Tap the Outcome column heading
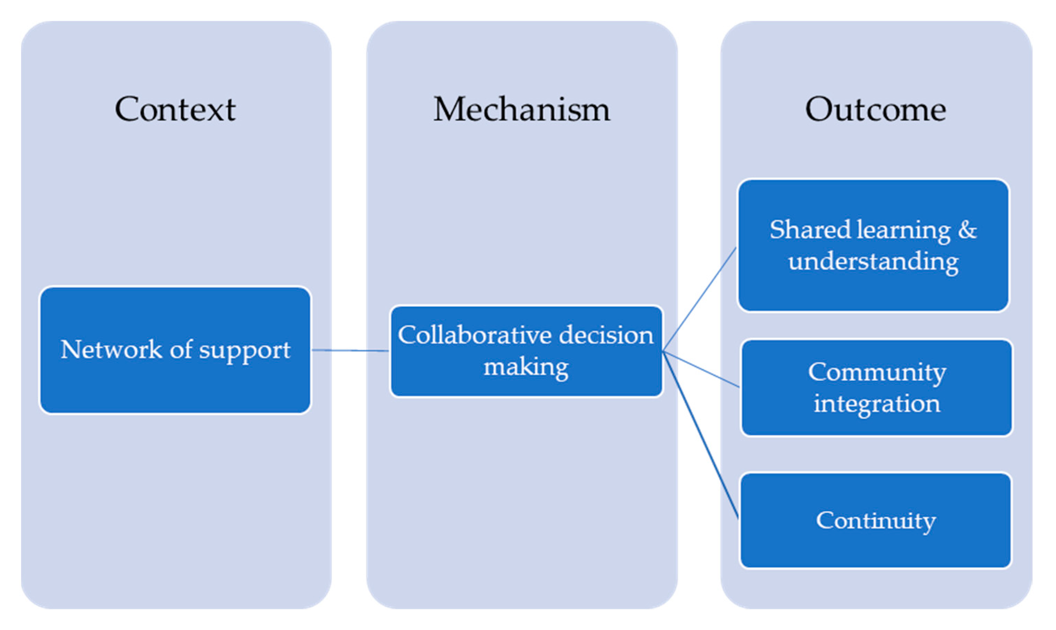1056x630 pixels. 876,110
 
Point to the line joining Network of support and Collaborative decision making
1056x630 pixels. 350,351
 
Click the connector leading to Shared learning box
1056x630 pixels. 700,300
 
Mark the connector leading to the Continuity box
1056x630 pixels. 701,435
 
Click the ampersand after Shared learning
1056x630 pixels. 967,230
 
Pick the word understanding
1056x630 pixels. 873,262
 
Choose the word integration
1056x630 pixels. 877,404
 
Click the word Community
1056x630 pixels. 877,372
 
